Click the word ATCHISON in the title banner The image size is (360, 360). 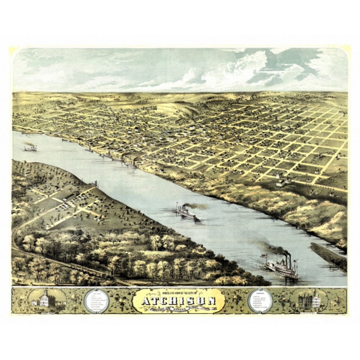point(179,301)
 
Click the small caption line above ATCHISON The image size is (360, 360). point(179,292)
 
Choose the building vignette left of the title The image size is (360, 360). point(45,299)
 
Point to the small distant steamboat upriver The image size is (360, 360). point(31,148)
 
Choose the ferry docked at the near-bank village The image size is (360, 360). point(95,184)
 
